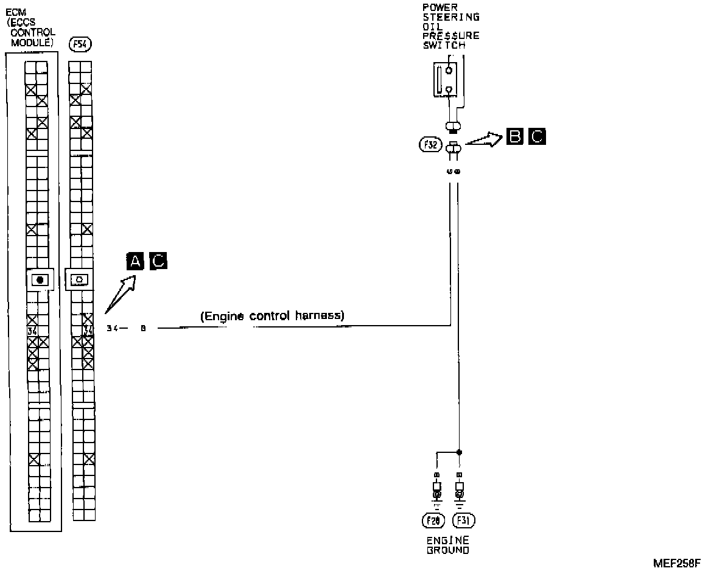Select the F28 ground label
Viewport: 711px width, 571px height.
[x=433, y=520]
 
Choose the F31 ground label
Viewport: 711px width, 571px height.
[x=464, y=520]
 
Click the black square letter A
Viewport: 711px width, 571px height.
[x=135, y=261]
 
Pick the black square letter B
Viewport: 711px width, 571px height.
[x=514, y=138]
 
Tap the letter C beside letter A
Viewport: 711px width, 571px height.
[x=158, y=261]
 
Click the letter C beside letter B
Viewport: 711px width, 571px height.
[x=537, y=138]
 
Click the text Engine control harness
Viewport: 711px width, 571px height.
[x=273, y=316]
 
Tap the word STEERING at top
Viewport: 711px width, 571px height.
[x=450, y=17]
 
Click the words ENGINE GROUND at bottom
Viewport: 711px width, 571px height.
[x=447, y=545]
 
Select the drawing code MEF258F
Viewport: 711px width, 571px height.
[x=677, y=564]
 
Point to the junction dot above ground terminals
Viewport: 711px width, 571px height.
[x=459, y=452]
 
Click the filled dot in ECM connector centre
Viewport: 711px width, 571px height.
[x=40, y=279]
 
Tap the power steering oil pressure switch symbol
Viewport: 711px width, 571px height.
[x=444, y=78]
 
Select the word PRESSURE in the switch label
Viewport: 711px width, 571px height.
[x=450, y=35]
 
